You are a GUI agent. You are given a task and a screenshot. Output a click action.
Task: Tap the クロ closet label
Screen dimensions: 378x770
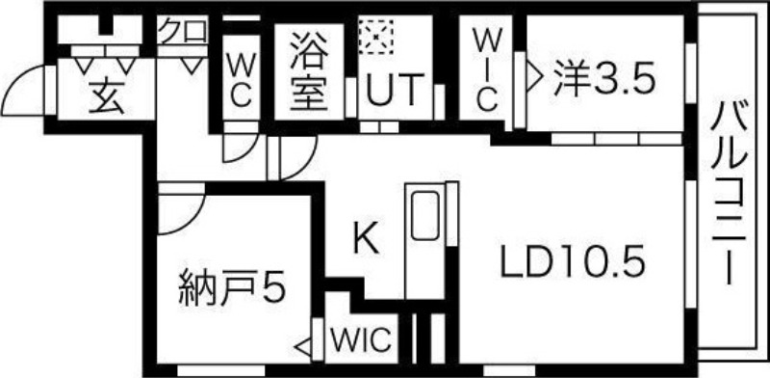(183, 30)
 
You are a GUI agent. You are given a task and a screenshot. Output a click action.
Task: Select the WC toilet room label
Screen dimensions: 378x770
(240, 79)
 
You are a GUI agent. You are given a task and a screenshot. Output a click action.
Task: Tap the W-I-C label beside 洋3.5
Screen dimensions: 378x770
(486, 69)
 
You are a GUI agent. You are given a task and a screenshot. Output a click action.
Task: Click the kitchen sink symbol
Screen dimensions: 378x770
(423, 217)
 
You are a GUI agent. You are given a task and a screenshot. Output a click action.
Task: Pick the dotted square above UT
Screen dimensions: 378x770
(373, 36)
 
